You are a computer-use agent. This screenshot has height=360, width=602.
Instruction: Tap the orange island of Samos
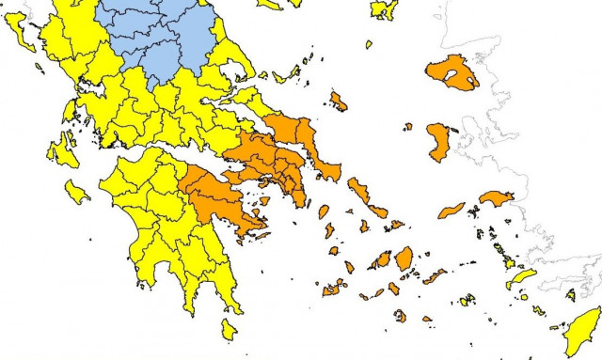(495, 198)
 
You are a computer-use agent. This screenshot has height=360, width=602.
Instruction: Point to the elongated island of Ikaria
(451, 210)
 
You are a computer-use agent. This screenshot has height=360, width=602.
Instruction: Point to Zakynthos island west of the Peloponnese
(77, 192)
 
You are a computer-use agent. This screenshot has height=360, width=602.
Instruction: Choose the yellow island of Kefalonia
(63, 149)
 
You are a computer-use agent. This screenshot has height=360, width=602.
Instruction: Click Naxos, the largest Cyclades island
(404, 258)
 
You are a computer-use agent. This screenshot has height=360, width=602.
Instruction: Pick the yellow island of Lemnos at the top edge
(383, 9)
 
